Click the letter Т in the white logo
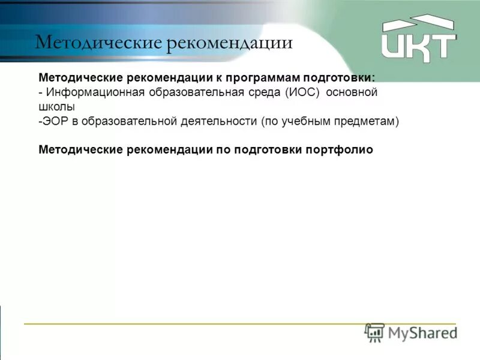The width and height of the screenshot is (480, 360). click(x=441, y=45)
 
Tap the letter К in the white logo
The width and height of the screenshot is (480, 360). click(x=413, y=45)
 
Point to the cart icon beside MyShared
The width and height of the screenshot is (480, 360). click(x=375, y=332)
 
